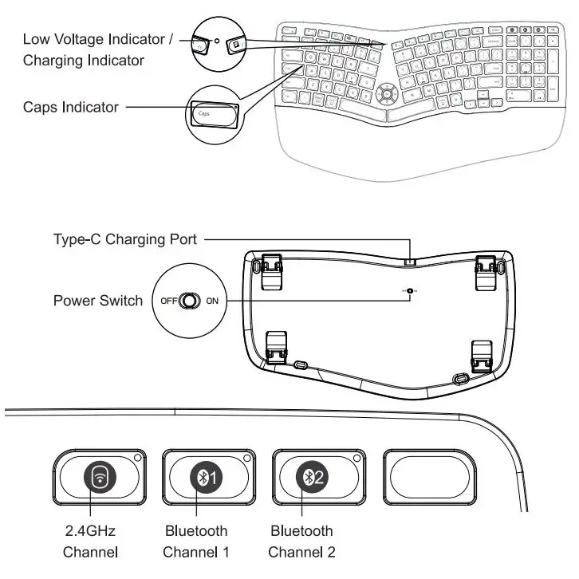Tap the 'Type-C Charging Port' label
(x=124, y=238)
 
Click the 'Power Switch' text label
(x=97, y=301)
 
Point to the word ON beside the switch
(x=212, y=301)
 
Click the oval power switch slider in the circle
(x=189, y=301)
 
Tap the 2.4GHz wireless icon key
(x=100, y=477)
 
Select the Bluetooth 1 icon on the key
(x=209, y=477)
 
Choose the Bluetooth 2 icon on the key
(x=312, y=477)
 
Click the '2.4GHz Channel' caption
(x=90, y=541)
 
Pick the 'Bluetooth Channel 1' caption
(x=196, y=541)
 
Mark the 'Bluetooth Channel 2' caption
(x=301, y=541)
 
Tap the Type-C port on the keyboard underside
(x=410, y=261)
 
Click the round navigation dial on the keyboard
(x=388, y=93)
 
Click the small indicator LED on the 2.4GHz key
(x=137, y=459)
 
